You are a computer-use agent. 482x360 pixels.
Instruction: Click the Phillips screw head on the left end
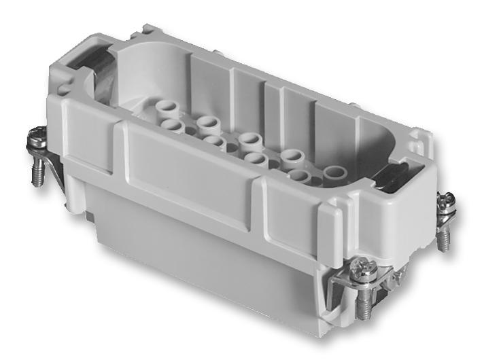pos(36,145)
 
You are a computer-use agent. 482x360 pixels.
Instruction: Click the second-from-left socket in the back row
pos(209,123)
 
